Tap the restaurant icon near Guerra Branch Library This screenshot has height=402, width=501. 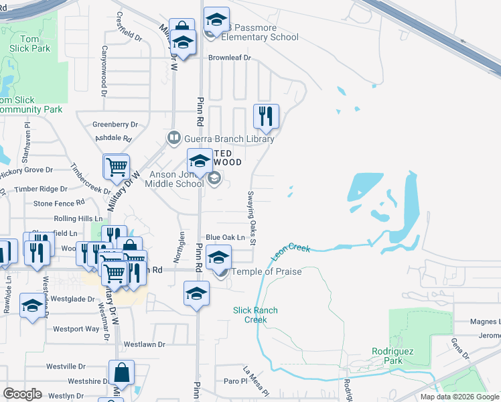(267, 117)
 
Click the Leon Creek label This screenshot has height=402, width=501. (291, 253)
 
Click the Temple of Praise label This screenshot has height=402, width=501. (266, 272)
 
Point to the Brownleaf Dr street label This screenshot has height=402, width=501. (228, 58)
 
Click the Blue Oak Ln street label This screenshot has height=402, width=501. (226, 238)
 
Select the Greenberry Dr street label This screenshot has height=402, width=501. (115, 125)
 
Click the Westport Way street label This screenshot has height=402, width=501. (76, 329)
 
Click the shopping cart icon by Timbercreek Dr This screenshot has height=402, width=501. (117, 166)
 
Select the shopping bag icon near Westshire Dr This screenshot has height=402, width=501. (121, 372)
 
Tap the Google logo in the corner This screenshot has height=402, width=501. (22, 393)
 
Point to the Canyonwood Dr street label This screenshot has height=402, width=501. (104, 60)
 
